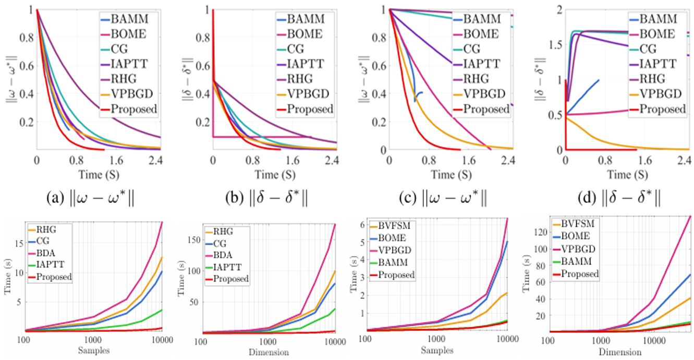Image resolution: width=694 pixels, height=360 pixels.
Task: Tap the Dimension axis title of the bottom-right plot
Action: click(620, 352)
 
